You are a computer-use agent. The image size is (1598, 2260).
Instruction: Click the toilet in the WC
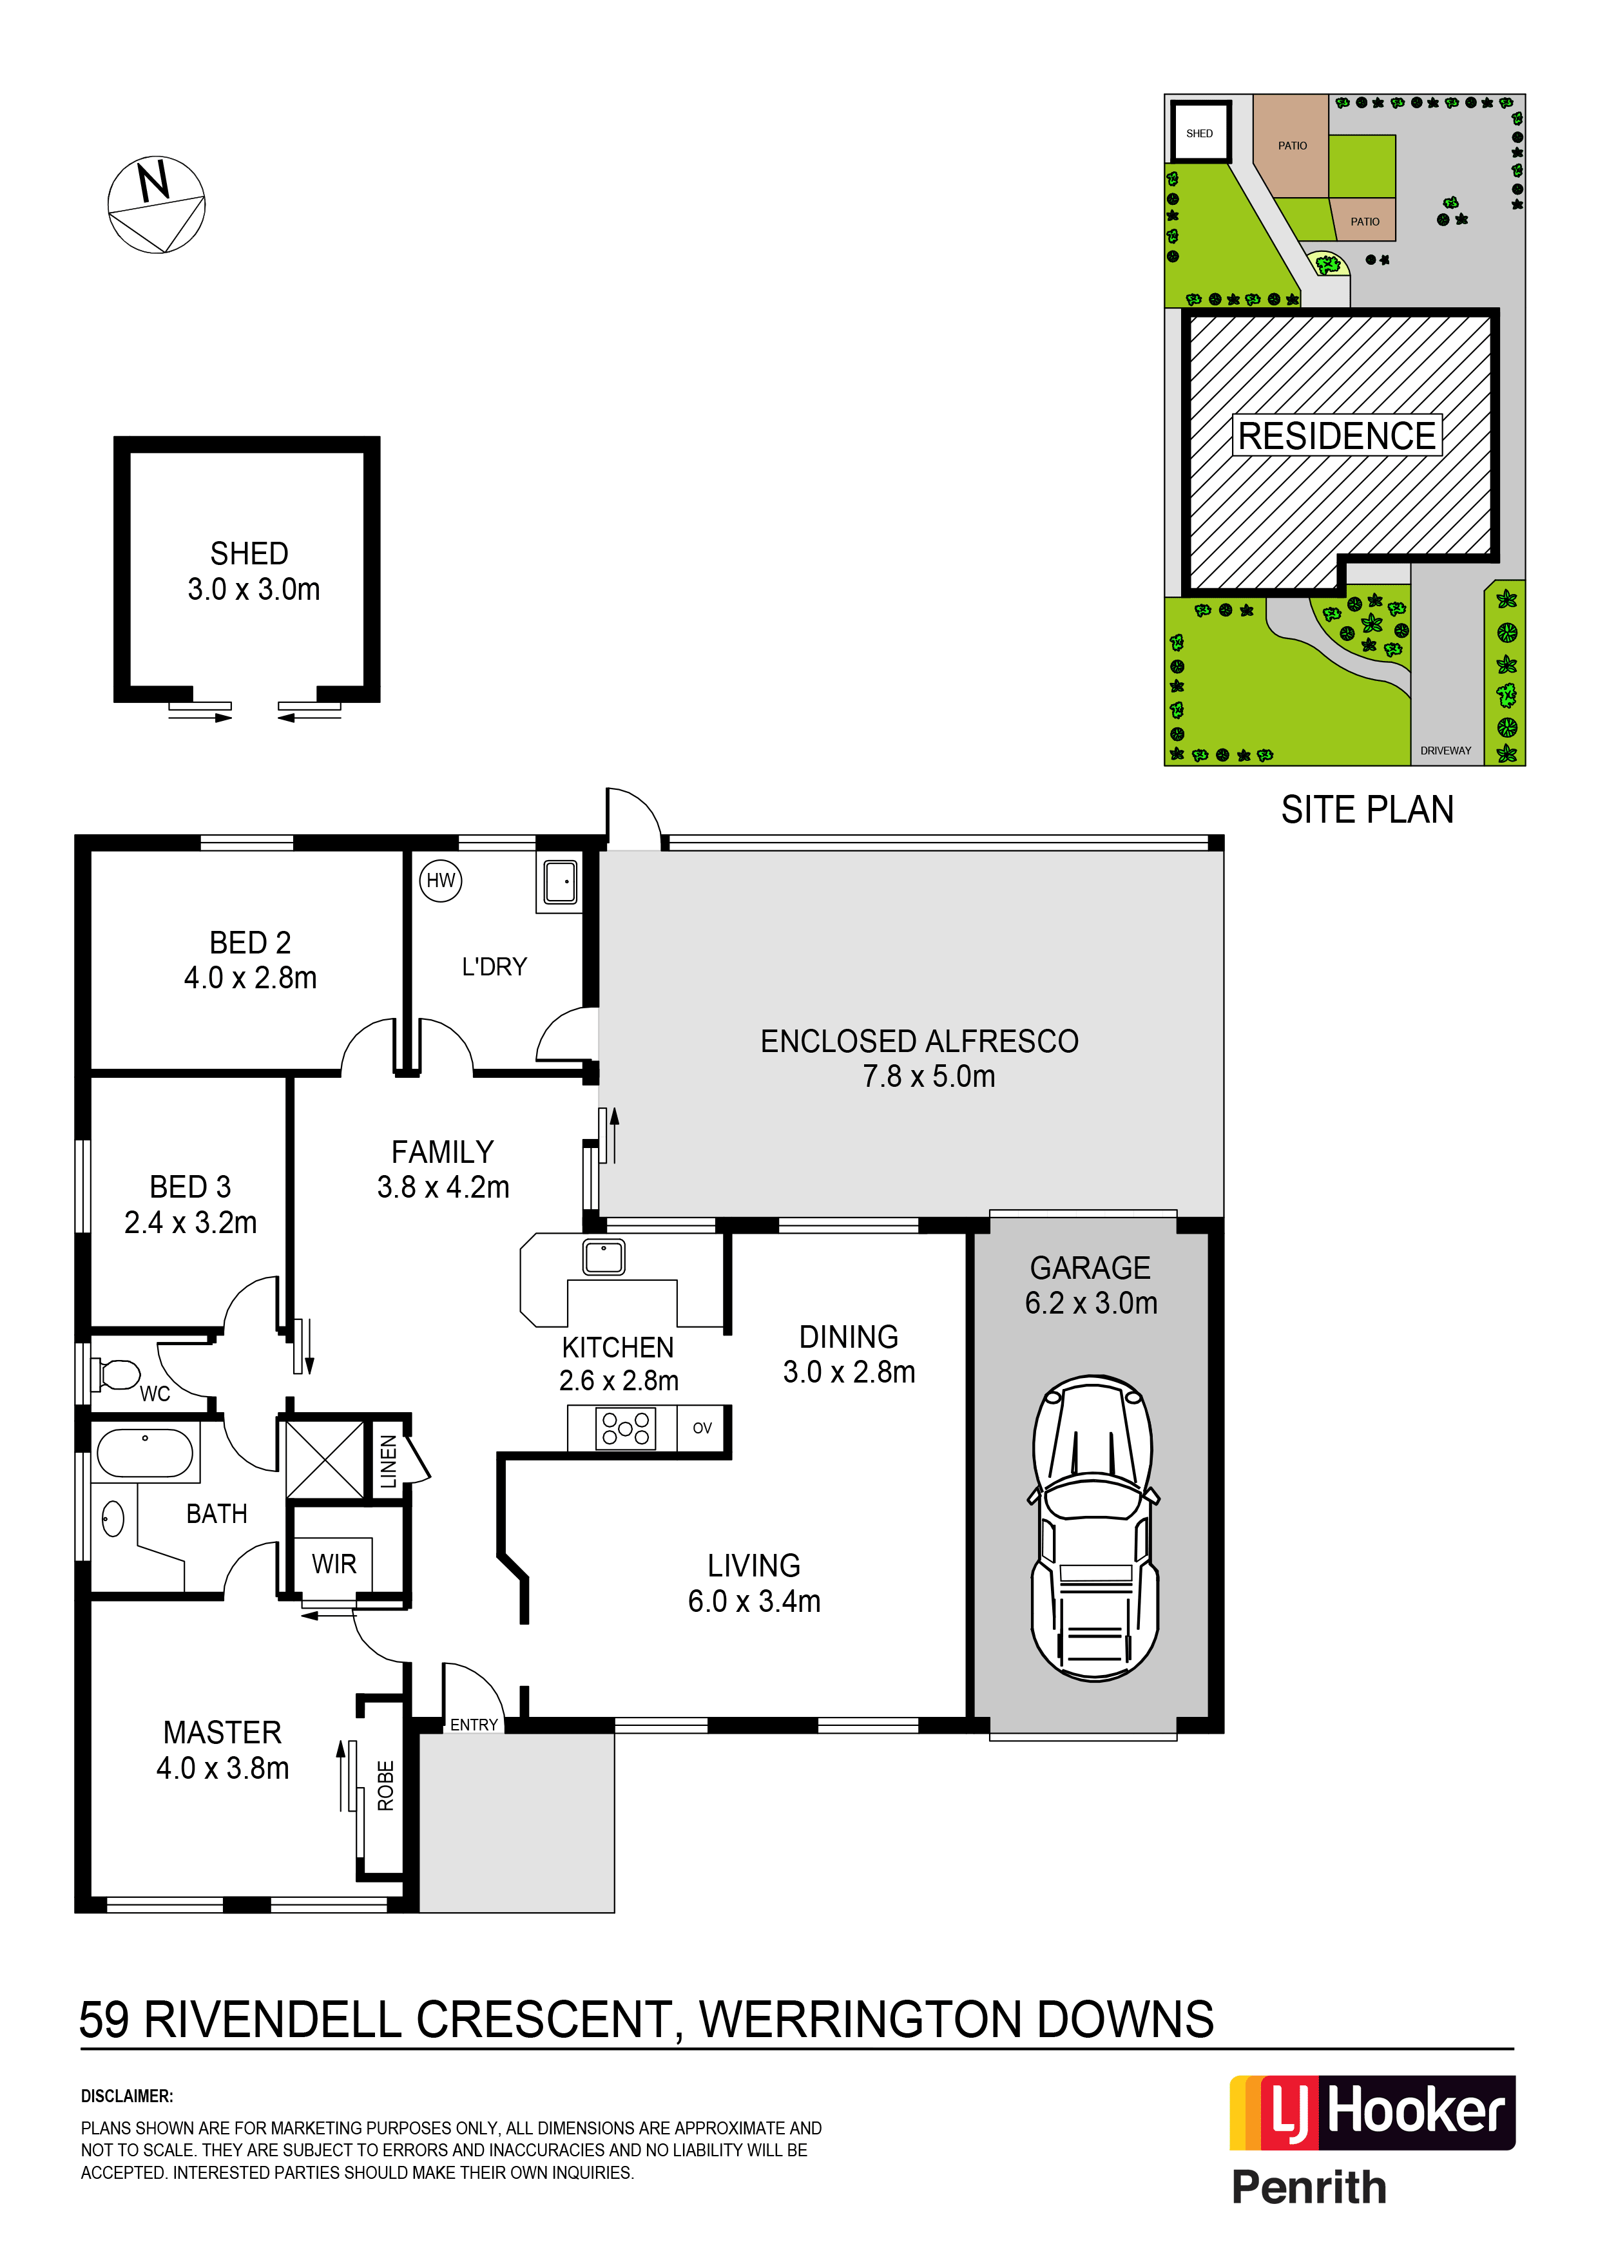(x=116, y=1373)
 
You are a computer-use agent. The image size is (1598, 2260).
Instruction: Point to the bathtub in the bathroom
(x=145, y=1453)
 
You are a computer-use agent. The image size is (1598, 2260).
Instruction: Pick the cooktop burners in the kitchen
(x=625, y=1428)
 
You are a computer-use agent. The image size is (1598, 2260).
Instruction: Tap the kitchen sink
(x=604, y=1257)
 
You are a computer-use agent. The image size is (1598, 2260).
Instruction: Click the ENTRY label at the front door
(x=474, y=1725)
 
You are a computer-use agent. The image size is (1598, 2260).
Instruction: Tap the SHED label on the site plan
(x=1199, y=134)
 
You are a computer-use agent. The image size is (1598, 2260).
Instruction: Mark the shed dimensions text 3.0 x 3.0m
(x=254, y=589)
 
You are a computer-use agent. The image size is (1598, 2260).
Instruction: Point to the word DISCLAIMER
(x=127, y=2096)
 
